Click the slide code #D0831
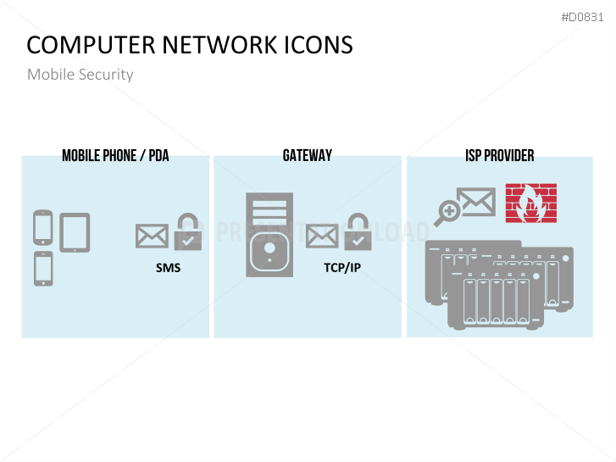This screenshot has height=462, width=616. tap(584, 17)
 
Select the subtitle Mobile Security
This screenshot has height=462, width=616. tap(80, 75)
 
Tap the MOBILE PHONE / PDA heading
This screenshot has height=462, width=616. tap(115, 156)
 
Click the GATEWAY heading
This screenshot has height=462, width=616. tap(308, 156)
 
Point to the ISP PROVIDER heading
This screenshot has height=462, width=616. tap(499, 156)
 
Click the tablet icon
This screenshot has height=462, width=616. tap(75, 232)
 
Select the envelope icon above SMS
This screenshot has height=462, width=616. tap(152, 236)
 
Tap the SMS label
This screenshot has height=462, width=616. tap(168, 268)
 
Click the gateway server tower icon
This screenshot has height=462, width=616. tap(269, 234)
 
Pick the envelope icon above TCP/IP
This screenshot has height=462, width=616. tap(322, 236)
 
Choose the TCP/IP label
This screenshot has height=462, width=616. tap(342, 268)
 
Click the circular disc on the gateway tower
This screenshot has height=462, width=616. tap(269, 251)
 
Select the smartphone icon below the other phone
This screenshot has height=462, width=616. tap(43, 268)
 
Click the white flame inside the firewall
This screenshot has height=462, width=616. tap(531, 205)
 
